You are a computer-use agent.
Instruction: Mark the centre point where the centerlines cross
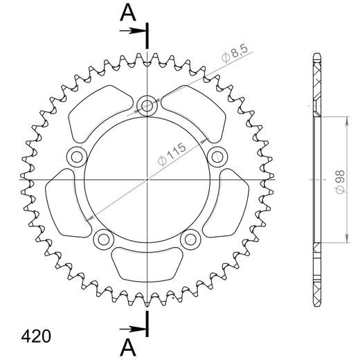point(147,179)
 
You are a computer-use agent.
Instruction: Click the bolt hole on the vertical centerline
point(147,106)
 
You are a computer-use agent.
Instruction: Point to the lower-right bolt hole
point(190,239)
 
